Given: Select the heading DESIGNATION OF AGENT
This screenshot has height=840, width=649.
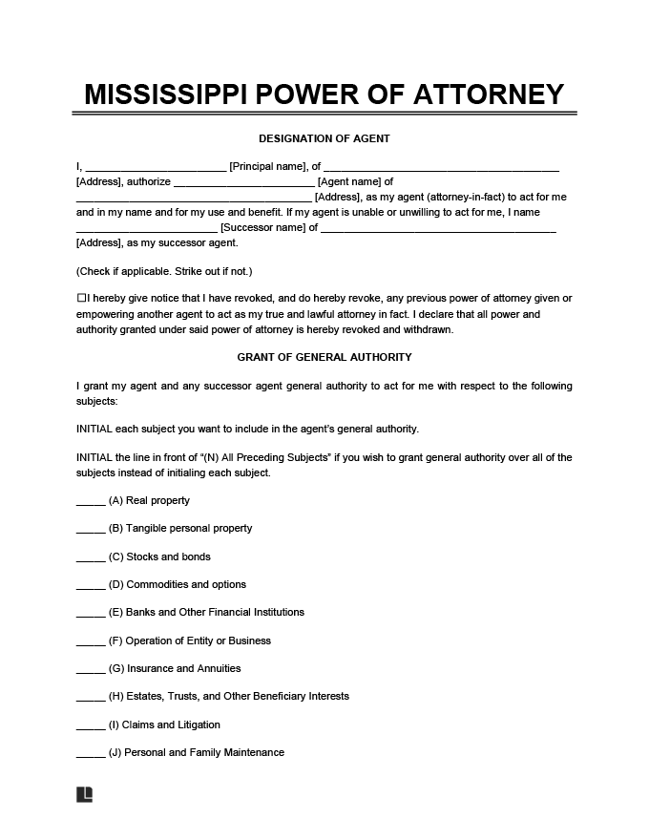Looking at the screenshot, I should coord(324,138).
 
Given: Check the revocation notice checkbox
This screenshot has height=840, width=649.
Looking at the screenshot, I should coord(81,299).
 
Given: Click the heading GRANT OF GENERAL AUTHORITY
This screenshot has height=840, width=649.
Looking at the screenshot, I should coord(324,357).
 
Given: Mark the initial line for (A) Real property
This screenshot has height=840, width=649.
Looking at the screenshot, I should coord(91,502).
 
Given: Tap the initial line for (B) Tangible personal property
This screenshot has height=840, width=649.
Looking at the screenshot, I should coord(91,530).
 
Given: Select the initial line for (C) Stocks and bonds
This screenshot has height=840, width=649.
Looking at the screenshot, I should coord(91,558).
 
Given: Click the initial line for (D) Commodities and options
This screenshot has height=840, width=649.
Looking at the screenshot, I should coord(91,586).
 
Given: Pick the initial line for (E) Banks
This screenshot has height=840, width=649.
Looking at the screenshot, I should coord(91,614).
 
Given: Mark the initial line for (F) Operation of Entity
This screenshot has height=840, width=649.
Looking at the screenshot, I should coord(91,642).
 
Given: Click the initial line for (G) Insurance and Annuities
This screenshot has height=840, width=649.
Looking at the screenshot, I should coord(91,670).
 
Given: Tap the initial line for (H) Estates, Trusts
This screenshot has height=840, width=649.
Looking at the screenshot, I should coord(91,698).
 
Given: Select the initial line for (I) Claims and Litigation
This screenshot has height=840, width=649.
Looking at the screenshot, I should coord(91,726).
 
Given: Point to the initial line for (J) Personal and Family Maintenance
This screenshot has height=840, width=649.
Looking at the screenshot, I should coord(91,754).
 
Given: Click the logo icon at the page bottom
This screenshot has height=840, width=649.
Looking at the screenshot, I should coord(84,794).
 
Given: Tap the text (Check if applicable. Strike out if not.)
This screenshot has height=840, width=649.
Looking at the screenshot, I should coord(163,271).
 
